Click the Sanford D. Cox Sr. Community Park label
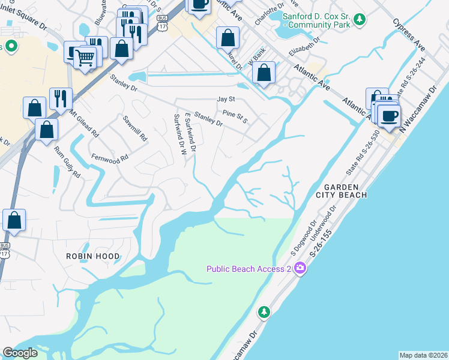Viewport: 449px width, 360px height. (x=315, y=21)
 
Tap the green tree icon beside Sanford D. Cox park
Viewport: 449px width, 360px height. (x=359, y=20)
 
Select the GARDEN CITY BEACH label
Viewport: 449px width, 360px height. (x=341, y=191)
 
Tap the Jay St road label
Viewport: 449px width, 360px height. (x=224, y=99)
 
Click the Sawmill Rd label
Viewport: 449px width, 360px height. (x=135, y=128)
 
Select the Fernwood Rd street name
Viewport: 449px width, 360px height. (x=110, y=157)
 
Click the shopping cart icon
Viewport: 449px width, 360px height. (x=85, y=58)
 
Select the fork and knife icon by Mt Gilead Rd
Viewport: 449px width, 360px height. (x=61, y=98)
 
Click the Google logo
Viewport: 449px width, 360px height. (x=20, y=353)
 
